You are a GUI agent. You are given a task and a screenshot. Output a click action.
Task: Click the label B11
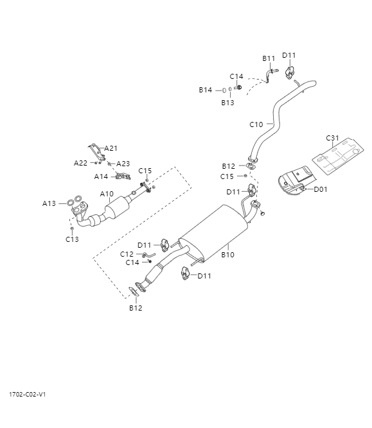[x=269, y=58]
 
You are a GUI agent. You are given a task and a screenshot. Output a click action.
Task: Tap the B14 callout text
[x=205, y=90]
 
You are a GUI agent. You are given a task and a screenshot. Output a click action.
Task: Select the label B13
[x=228, y=103]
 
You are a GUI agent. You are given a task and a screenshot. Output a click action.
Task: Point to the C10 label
[x=256, y=124]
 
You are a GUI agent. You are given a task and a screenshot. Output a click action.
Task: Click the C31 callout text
[x=332, y=138]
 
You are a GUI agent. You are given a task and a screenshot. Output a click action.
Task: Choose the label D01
[x=321, y=189]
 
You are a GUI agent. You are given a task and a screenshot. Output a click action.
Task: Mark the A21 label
[x=112, y=148]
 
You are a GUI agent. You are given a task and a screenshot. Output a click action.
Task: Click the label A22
[x=81, y=163]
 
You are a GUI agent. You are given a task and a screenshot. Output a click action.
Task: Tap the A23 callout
[x=123, y=164]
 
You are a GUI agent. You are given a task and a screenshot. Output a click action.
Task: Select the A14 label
[x=102, y=176]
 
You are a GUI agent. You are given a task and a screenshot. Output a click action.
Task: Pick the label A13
[x=49, y=203]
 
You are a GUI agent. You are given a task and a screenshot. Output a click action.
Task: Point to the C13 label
[x=72, y=239]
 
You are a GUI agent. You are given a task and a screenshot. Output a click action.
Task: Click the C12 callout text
[x=127, y=254]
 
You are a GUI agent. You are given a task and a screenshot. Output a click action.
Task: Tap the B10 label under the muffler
[x=228, y=255]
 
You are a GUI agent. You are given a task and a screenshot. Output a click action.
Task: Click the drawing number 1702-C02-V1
[x=27, y=394]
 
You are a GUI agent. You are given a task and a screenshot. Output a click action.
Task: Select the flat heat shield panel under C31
[x=337, y=157]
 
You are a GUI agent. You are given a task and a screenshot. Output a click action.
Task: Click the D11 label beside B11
[x=289, y=55]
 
